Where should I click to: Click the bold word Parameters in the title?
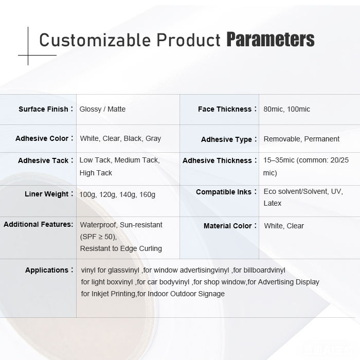tap(271, 40)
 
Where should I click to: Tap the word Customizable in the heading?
tap(95, 40)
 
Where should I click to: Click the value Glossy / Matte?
tap(102, 109)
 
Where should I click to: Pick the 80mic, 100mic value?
tap(287, 109)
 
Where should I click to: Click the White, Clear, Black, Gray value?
tap(120, 138)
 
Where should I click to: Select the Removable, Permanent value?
tap(301, 139)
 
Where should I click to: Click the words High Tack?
tap(96, 173)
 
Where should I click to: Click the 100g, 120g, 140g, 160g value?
tap(117, 194)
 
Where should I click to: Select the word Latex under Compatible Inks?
tap(272, 203)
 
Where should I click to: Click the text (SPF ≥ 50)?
tap(98, 237)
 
